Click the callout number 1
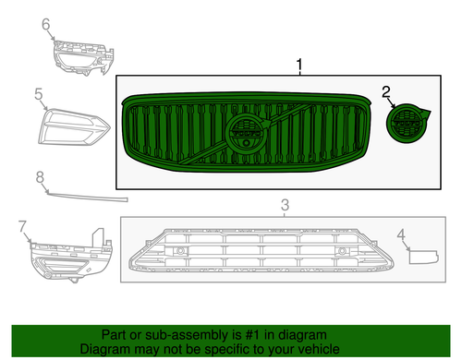coord(298,65)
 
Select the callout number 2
coord(388,92)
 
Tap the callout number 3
coord(286,204)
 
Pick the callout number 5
coord(39,93)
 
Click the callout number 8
coord(40,177)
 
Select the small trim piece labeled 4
coord(423,253)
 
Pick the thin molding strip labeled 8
coord(88,196)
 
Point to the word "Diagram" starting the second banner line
coord(103,349)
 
